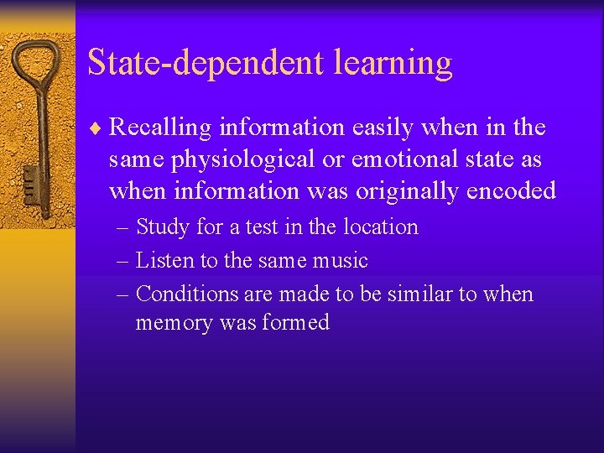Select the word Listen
coord(164,261)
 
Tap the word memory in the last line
coord(174,323)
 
